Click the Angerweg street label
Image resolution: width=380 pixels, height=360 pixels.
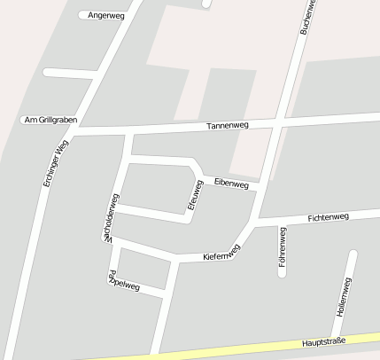coord(106,16)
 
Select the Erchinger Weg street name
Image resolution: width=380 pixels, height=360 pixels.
coord(55,162)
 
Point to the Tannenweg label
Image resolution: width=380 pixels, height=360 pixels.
coord(228,126)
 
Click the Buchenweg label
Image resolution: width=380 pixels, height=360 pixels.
coord(307,16)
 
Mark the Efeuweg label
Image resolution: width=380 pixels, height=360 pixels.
coord(197,196)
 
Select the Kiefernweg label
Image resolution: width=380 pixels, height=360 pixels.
coord(221,254)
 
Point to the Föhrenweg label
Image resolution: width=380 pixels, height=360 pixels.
coord(283,247)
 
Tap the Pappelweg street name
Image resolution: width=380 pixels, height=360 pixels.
coord(123,282)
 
